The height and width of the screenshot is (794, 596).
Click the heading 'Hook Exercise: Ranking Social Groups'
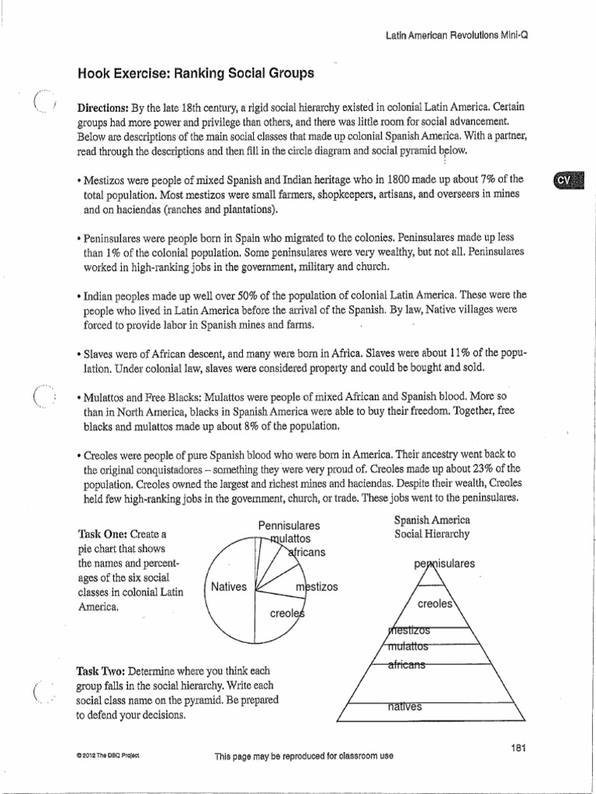pyautogui.click(x=196, y=74)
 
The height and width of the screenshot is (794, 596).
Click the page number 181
pyautogui.click(x=519, y=747)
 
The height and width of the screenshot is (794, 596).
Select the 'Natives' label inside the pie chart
pyautogui.click(x=228, y=587)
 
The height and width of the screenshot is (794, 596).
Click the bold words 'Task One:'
pyautogui.click(x=102, y=535)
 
